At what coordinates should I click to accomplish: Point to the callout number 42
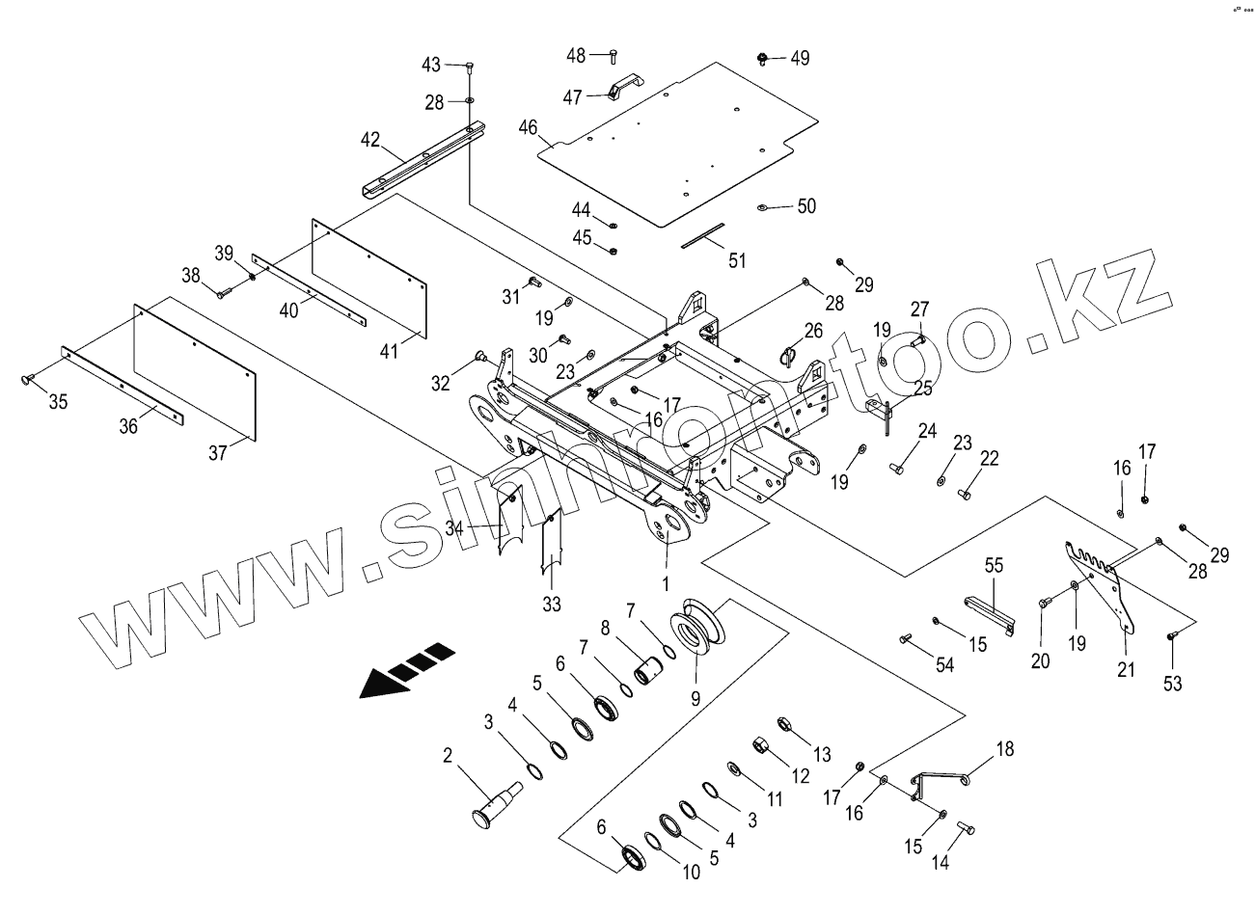370,141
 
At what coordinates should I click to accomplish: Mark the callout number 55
993,565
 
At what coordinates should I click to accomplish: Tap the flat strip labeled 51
703,235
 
